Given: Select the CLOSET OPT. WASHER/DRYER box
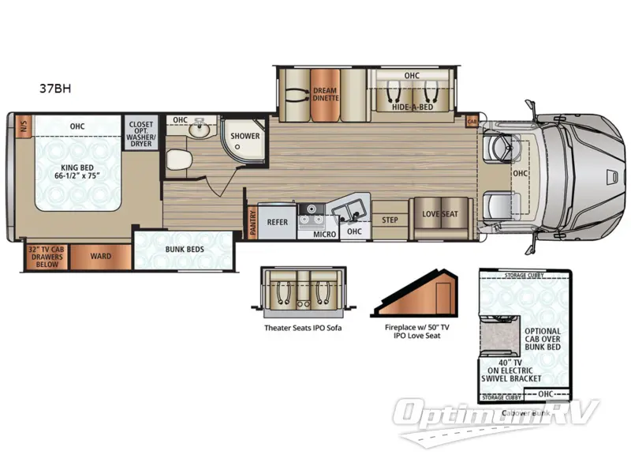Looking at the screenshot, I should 143,133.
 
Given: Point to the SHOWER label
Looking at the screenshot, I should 245,136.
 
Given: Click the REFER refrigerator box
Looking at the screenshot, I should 278,223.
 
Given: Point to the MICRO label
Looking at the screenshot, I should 325,234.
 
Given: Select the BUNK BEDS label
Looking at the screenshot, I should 185,250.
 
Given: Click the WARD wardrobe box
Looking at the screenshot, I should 100,257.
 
